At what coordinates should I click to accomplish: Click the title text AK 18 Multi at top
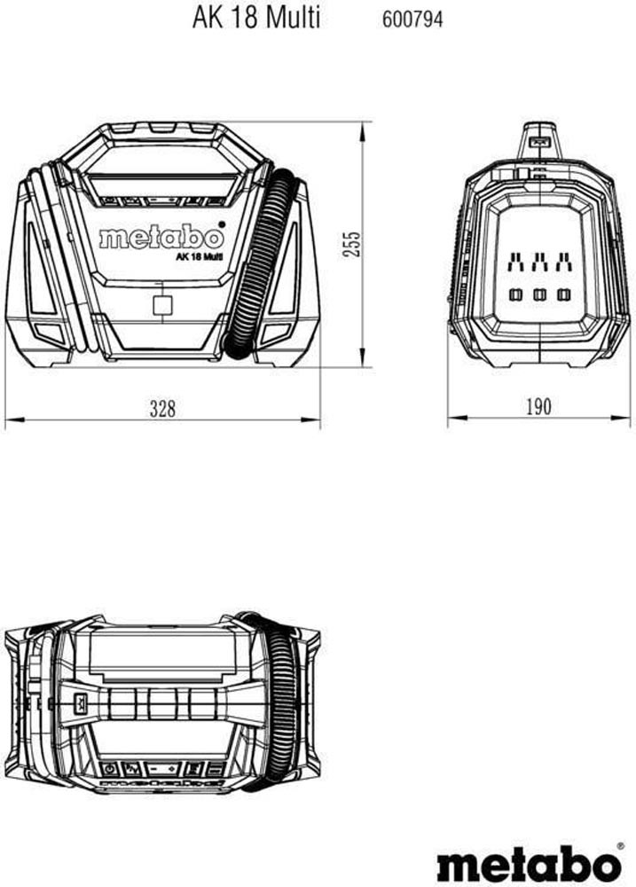click(x=255, y=18)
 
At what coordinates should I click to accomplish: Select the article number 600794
click(x=412, y=20)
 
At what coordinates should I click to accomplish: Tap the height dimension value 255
click(x=351, y=244)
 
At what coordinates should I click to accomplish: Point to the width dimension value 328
click(x=163, y=408)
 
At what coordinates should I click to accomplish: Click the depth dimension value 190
click(x=538, y=406)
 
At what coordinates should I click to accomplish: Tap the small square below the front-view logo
click(x=163, y=305)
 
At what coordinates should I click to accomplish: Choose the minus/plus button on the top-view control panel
click(x=162, y=769)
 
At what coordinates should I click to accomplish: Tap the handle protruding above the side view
click(x=538, y=142)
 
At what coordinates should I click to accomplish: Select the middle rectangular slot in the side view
click(x=539, y=294)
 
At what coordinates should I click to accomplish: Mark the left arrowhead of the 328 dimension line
click(x=13, y=420)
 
